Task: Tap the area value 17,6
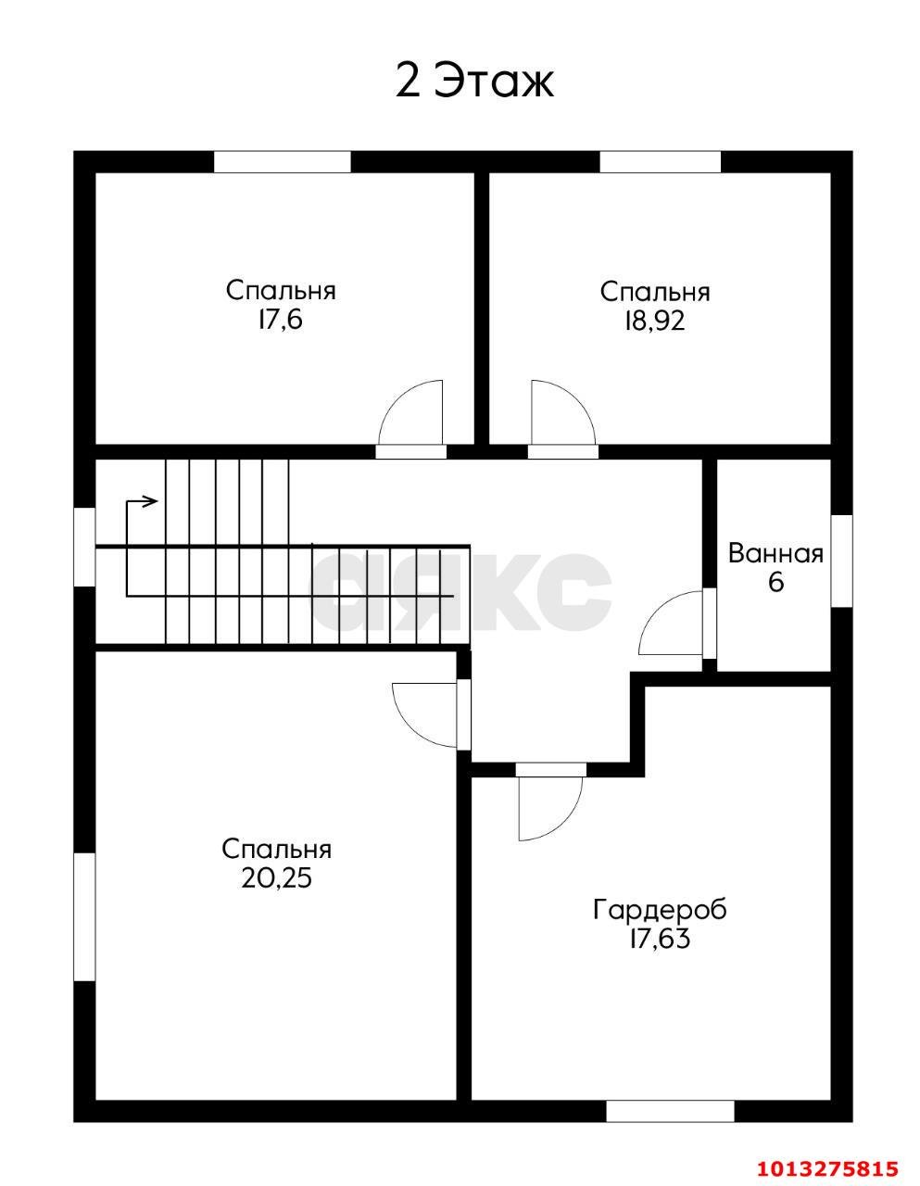pos(281,320)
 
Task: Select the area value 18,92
pos(654,322)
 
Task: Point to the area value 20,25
pos(276,878)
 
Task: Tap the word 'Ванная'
pos(775,554)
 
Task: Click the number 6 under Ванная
pos(776,583)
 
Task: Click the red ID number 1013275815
pos(827,1165)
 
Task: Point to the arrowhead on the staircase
pos(151,500)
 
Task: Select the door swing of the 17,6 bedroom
pos(410,412)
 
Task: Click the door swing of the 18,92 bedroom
pos(563,412)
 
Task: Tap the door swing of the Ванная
pos(670,623)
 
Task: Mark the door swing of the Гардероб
pos(550,808)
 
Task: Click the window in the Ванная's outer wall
pos(841,561)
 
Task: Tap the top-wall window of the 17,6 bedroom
pos(282,161)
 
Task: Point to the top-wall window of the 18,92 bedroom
pos(661,161)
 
